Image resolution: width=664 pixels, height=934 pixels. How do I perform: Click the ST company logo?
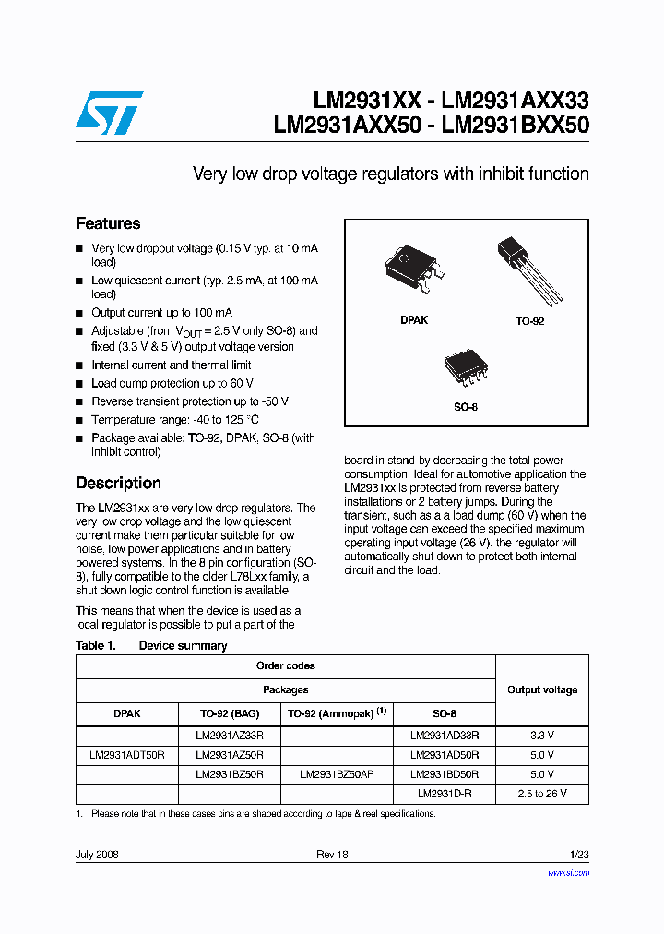tap(109, 114)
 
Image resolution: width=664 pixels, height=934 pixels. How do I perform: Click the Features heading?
tap(108, 223)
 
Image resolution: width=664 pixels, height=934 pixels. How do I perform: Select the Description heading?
tap(118, 483)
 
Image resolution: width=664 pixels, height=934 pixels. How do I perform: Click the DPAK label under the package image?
tap(414, 319)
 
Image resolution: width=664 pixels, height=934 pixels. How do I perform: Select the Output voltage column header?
tap(542, 689)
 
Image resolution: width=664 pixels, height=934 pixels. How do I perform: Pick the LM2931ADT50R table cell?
tap(126, 754)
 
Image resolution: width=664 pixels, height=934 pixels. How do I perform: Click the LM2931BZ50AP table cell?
tap(337, 774)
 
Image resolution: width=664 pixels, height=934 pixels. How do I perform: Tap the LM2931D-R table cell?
tap(445, 794)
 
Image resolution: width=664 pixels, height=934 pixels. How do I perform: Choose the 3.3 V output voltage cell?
tap(542, 735)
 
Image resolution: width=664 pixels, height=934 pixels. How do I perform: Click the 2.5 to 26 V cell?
tap(542, 794)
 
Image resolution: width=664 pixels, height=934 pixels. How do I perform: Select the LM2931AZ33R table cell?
tap(230, 735)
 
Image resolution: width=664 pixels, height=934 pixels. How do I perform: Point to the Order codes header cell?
tap(285, 665)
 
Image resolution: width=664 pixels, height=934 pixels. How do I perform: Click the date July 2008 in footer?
tap(97, 855)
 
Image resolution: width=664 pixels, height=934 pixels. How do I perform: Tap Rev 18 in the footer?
tap(332, 855)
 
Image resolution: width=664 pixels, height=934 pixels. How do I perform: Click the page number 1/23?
tap(578, 855)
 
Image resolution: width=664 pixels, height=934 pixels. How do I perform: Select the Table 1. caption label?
tap(96, 645)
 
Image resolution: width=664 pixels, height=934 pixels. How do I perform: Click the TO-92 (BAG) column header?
tap(230, 713)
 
